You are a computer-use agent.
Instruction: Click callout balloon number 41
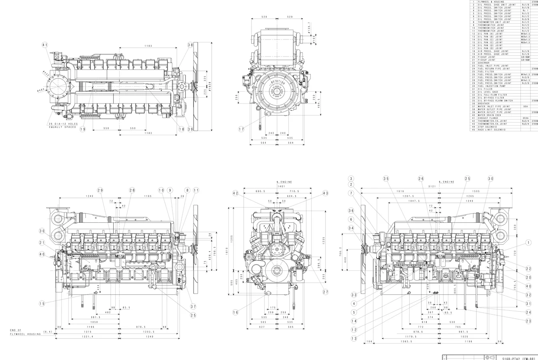[45, 45]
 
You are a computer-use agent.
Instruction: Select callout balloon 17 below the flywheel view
[241, 129]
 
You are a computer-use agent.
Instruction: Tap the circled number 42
[236, 193]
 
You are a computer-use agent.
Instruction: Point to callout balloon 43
[325, 193]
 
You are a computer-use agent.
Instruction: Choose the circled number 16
[236, 312]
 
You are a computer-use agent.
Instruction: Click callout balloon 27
[326, 292]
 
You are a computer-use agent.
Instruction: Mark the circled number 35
[386, 179]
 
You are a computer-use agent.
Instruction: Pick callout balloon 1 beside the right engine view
[528, 242]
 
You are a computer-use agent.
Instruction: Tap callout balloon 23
[528, 321]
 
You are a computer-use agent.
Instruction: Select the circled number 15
[42, 304]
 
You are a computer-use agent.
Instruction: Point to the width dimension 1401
[281, 186]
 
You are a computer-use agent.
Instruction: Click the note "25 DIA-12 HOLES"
[63, 124]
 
